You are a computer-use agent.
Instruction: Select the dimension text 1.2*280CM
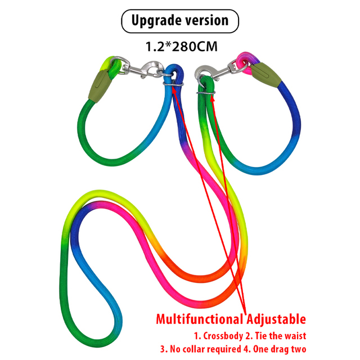click(181, 46)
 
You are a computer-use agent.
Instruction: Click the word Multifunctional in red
click(200, 319)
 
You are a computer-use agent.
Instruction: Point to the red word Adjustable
click(276, 319)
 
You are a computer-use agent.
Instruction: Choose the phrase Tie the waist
click(280, 336)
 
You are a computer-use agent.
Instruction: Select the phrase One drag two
click(280, 349)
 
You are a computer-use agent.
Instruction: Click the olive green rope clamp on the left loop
click(99, 86)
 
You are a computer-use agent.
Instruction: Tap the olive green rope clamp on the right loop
click(265, 75)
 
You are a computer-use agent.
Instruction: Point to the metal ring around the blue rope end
click(173, 84)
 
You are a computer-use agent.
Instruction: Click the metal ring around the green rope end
click(206, 92)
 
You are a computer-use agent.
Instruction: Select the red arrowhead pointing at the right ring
click(213, 99)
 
